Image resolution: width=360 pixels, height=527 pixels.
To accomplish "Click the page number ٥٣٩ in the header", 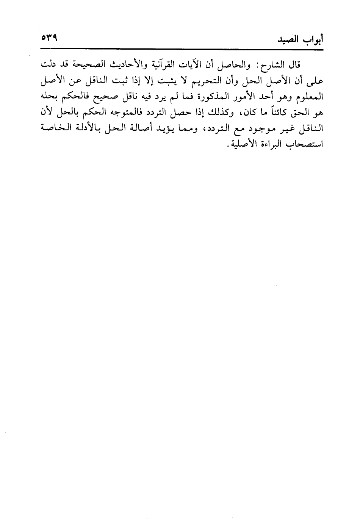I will click(48, 38).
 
